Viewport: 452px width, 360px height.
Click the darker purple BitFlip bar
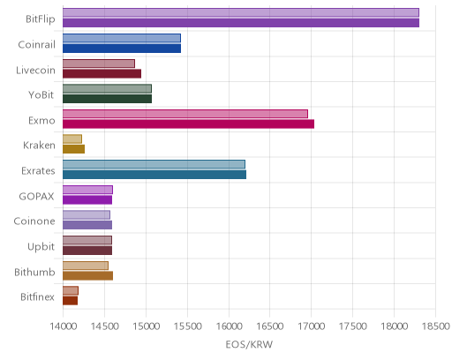click(241, 23)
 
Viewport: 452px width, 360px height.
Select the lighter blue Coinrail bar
click(122, 38)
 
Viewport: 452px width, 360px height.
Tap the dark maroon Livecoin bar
click(102, 74)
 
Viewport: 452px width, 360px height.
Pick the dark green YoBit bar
click(107, 99)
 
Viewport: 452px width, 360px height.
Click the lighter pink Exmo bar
click(185, 114)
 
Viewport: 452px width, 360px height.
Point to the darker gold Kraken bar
click(73, 149)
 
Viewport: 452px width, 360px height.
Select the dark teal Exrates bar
click(154, 175)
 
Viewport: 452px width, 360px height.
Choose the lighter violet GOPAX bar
click(87, 190)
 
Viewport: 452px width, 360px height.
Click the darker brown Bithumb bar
click(87, 276)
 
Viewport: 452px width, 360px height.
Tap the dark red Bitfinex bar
click(70, 301)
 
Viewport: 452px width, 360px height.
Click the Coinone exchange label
click(34, 221)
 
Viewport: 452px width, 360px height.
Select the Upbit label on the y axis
click(41, 246)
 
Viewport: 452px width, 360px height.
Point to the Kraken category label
click(39, 146)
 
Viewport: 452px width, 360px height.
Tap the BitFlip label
click(41, 19)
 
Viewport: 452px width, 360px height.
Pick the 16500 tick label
click(270, 326)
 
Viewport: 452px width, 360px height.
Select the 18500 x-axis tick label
click(436, 326)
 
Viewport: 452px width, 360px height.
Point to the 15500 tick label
click(187, 326)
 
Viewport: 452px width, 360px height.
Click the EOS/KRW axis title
click(249, 344)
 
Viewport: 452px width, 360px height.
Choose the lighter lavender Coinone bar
click(87, 215)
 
